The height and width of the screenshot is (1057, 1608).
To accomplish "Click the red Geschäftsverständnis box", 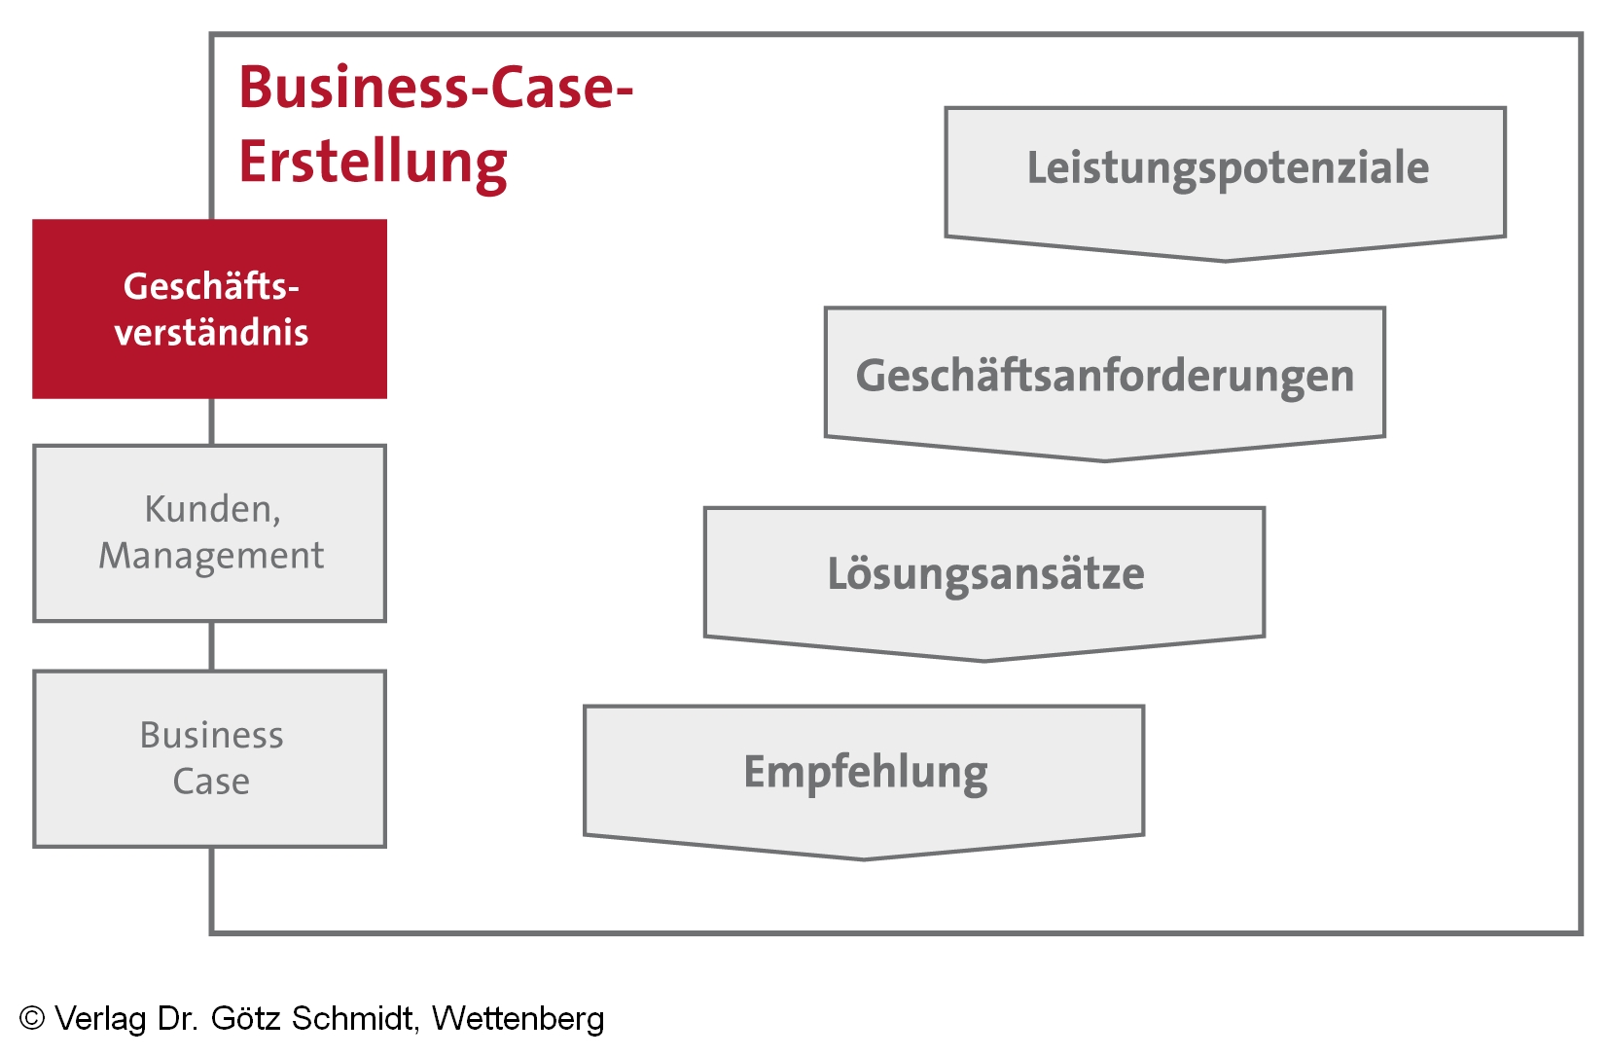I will (x=209, y=309).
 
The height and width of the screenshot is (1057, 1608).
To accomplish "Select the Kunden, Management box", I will (x=209, y=532).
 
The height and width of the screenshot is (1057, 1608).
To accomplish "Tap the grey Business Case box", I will (x=209, y=758).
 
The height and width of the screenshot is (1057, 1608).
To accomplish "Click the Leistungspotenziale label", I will (x=1228, y=167).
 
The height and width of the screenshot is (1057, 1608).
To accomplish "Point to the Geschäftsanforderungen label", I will (x=1104, y=376).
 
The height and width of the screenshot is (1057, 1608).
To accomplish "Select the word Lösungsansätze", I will (x=985, y=573).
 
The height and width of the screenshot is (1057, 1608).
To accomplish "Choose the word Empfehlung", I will (x=865, y=773).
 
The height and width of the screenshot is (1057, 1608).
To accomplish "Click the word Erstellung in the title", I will (x=373, y=163).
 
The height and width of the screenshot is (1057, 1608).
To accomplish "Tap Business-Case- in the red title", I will (x=436, y=88).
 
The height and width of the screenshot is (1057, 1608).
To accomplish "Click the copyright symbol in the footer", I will (x=32, y=1018).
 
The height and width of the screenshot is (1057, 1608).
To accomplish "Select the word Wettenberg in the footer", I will (x=518, y=1018).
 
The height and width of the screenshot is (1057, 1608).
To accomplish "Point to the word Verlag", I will (x=100, y=1018).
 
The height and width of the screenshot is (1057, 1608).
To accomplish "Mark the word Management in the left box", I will (x=211, y=556).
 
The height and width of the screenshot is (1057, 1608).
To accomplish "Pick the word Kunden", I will (x=212, y=509).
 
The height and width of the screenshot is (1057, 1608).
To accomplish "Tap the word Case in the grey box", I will (x=211, y=782).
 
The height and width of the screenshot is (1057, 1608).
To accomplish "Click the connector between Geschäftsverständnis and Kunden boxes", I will (x=211, y=421).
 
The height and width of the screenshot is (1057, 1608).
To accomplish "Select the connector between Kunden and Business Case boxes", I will (x=211, y=646).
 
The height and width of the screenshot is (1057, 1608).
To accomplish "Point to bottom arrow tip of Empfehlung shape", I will (x=864, y=857).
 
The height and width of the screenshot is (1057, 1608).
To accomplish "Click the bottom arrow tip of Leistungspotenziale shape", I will (x=1225, y=259).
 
